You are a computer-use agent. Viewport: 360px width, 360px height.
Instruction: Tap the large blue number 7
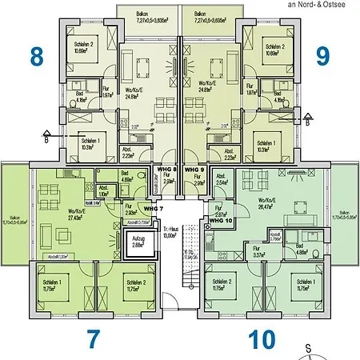[94, 338]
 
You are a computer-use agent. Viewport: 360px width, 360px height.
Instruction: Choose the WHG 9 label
[195, 170]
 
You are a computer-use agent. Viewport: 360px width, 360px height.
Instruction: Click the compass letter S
[309, 347]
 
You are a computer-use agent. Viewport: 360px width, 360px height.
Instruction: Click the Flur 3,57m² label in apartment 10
[257, 255]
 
